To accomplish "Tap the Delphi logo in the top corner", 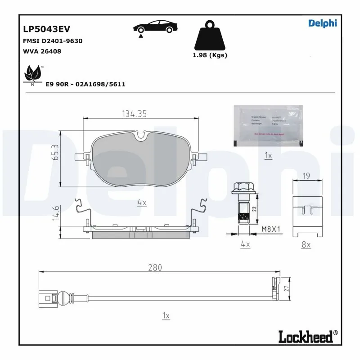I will pyautogui.click(x=322, y=23).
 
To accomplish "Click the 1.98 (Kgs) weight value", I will pyautogui.click(x=210, y=55).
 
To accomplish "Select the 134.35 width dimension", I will pyautogui.click(x=135, y=114).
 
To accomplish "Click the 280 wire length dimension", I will pyautogui.click(x=154, y=267).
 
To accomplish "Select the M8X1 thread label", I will pyautogui.click(x=271, y=229).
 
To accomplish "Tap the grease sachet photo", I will pyautogui.click(x=269, y=126).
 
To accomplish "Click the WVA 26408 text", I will pyautogui.click(x=42, y=51).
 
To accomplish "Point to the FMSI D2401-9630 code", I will pyautogui.click(x=52, y=40).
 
